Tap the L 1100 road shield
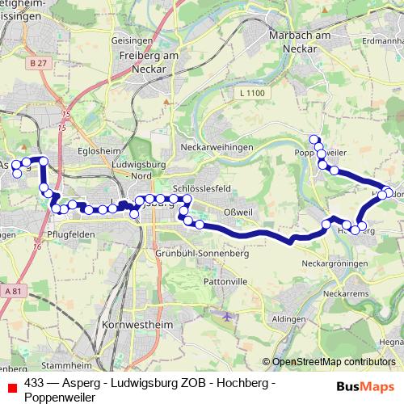(253, 95)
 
